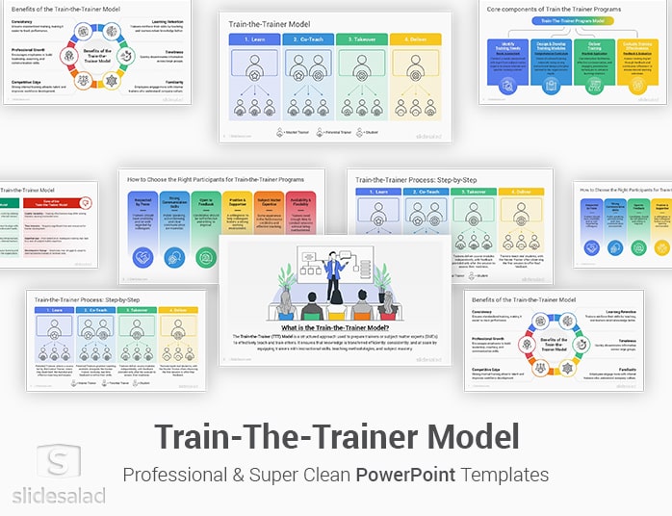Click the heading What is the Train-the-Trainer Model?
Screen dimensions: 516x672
click(x=336, y=327)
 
